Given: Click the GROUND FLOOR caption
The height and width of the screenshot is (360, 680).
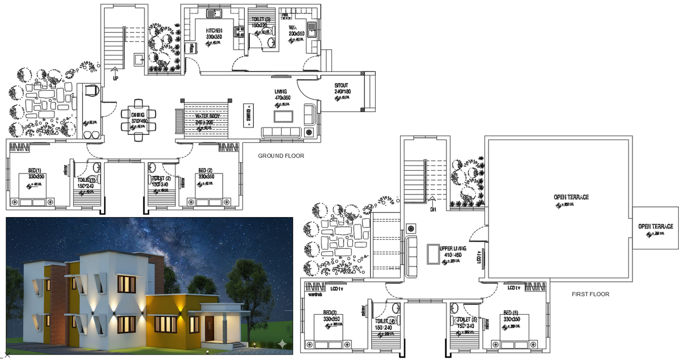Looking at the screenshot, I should pyautogui.click(x=281, y=156).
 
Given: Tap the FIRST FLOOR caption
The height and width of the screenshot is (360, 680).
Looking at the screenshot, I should pyautogui.click(x=590, y=294).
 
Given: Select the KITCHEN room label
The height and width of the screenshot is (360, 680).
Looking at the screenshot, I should pyautogui.click(x=214, y=31).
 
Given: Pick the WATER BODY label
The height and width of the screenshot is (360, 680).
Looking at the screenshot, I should pyautogui.click(x=204, y=116).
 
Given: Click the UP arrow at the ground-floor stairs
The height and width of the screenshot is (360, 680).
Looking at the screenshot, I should pyautogui.click(x=116, y=76).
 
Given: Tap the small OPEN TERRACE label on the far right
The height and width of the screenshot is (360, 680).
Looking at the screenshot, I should pyautogui.click(x=656, y=226).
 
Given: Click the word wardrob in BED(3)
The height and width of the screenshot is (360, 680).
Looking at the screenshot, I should pyautogui.click(x=314, y=295).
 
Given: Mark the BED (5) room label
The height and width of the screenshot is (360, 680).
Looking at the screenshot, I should pyautogui.click(x=511, y=313).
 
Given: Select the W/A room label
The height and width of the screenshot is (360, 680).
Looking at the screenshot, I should pyautogui.click(x=292, y=27).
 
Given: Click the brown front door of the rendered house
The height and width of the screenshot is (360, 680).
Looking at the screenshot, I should pyautogui.click(x=210, y=329).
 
